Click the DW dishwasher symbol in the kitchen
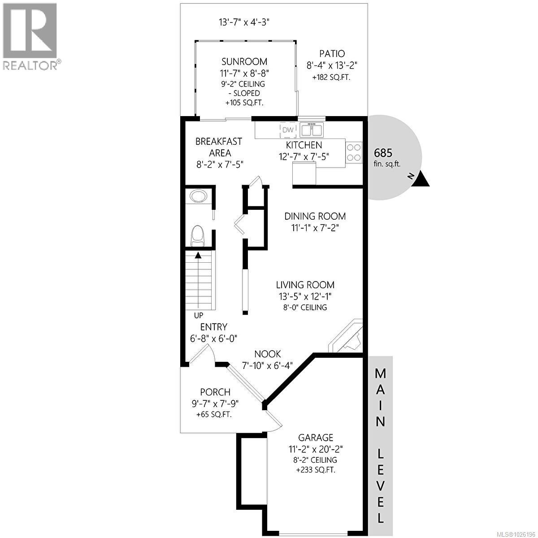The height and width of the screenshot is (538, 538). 288,130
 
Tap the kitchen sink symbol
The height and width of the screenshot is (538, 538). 312,130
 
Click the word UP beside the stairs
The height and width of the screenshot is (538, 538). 198,315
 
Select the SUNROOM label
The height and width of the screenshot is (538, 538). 244,61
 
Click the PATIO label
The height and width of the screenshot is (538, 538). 332,53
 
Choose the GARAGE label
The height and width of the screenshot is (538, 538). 316,437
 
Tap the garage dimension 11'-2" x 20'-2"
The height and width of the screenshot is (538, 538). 316,448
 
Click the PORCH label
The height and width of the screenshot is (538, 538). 215,392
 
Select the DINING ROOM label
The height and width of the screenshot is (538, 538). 315,216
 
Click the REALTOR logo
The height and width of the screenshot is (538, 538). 30,36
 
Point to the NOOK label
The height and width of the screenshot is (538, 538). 268,354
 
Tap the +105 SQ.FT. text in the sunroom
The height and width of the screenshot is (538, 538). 244,103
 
